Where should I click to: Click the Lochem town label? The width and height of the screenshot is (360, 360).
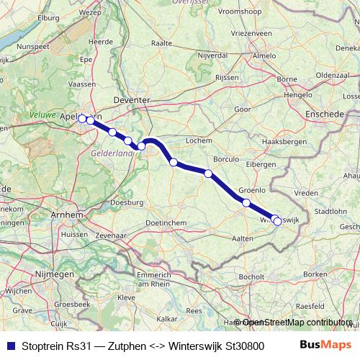pyautogui.click(x=198, y=140)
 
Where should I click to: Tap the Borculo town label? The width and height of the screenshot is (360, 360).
pyautogui.click(x=226, y=159)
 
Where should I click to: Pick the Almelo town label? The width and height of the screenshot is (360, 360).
pyautogui.click(x=264, y=55)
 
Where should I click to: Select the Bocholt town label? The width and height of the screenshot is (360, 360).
pyautogui.click(x=252, y=276)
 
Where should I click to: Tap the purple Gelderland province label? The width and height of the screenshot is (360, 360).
pyautogui.click(x=112, y=153)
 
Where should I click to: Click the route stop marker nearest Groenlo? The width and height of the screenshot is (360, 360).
pyautogui.click(x=246, y=202)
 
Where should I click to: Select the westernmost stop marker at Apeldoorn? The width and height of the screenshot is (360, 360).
pyautogui.click(x=82, y=118)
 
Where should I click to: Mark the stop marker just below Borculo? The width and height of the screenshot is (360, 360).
pyautogui.click(x=208, y=173)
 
